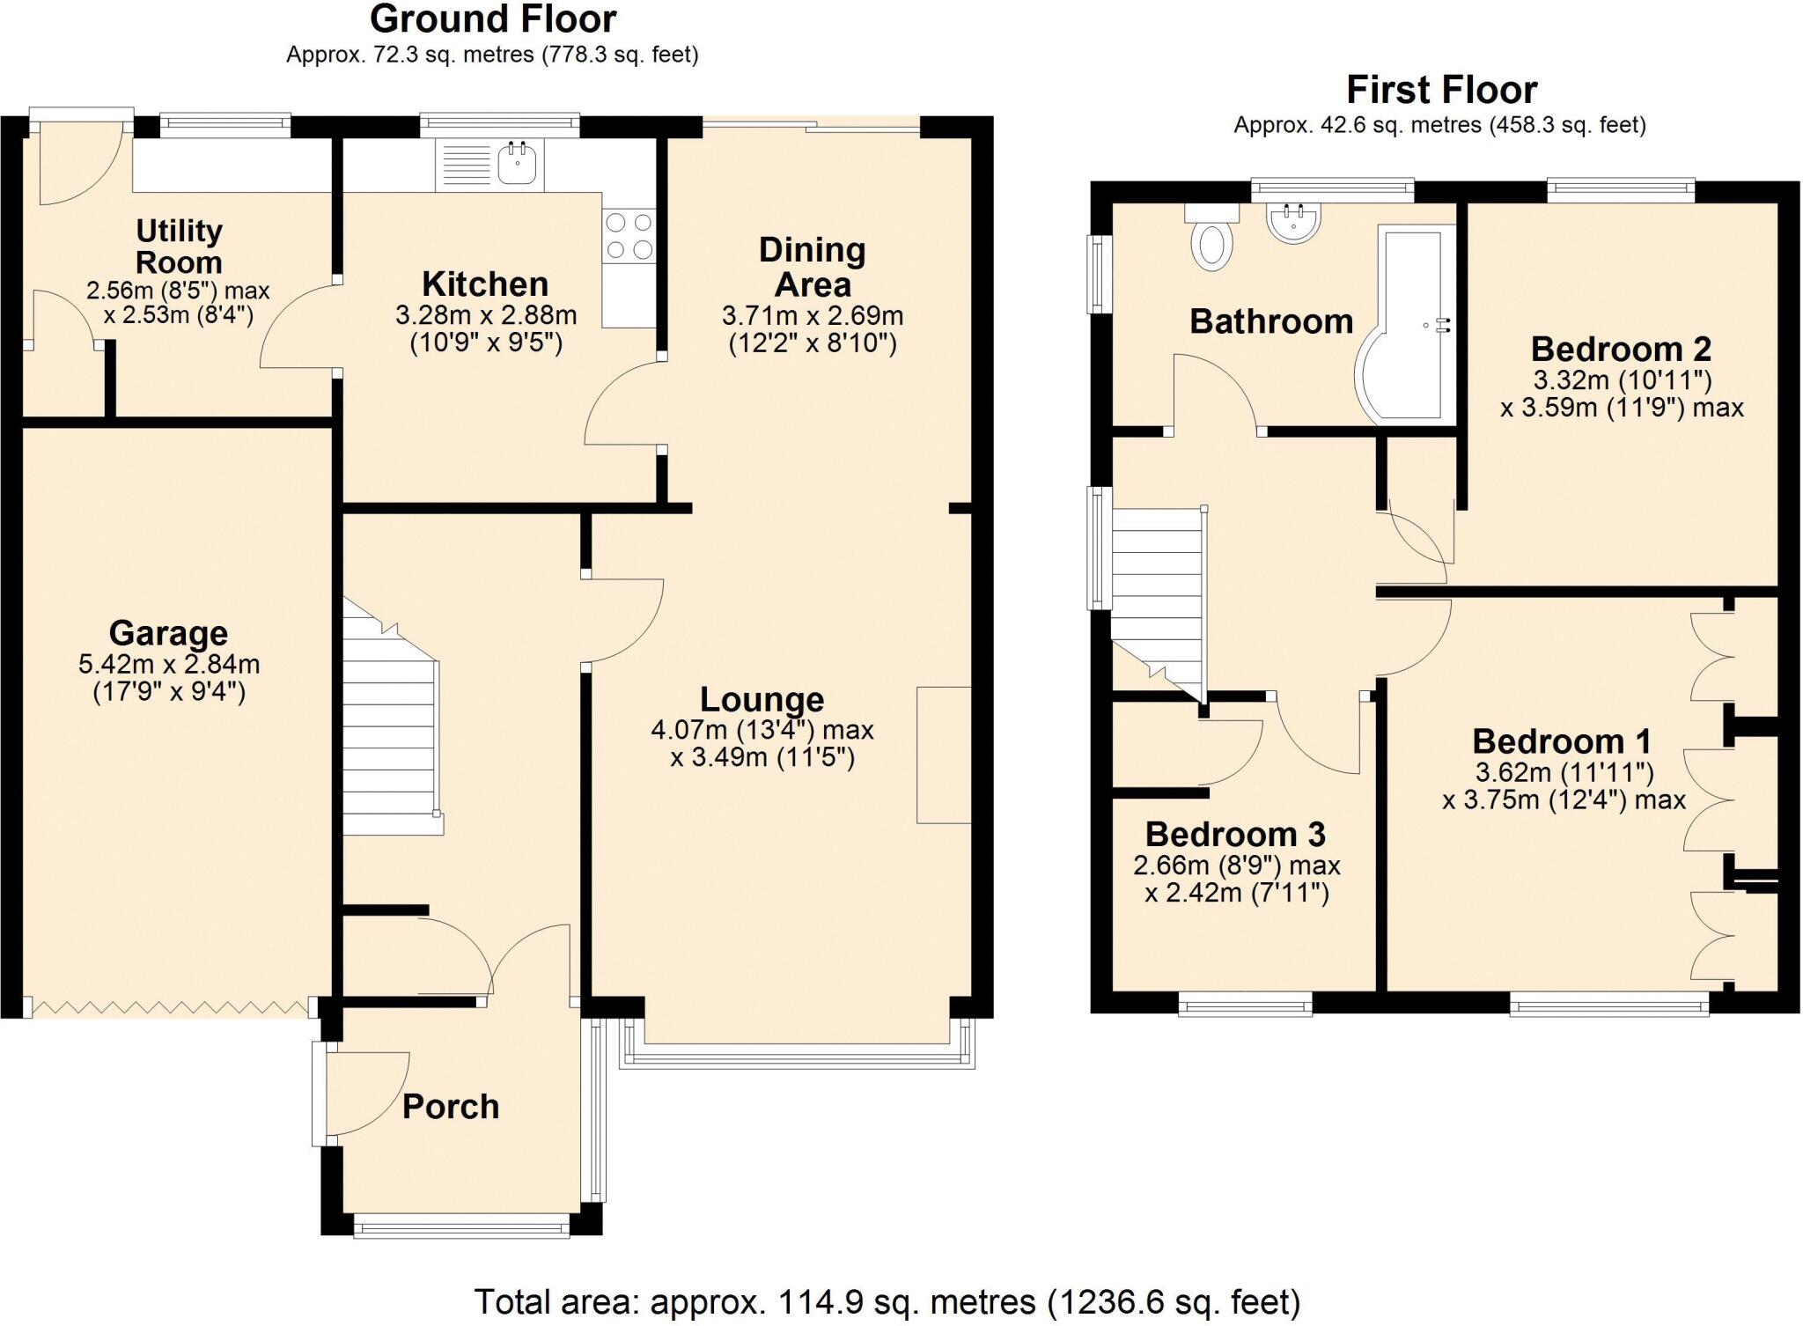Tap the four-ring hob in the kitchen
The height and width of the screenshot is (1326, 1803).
[x=629, y=236]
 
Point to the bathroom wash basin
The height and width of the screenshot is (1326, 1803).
[x=1293, y=222]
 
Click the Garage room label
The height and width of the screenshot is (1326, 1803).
[x=168, y=633]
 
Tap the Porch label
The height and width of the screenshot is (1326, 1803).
[x=451, y=1107]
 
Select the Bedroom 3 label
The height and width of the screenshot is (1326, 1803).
[x=1235, y=834]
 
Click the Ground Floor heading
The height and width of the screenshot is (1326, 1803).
[x=492, y=19]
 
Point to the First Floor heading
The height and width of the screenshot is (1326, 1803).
[x=1441, y=90]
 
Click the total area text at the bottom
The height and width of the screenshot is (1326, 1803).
[x=887, y=1301]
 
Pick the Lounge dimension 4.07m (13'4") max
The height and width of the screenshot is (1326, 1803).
[x=762, y=730]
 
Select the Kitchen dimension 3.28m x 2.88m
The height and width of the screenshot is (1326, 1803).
[x=486, y=315]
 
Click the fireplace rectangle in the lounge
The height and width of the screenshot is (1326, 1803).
[x=944, y=755]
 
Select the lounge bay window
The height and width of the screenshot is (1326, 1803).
[x=797, y=1056]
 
